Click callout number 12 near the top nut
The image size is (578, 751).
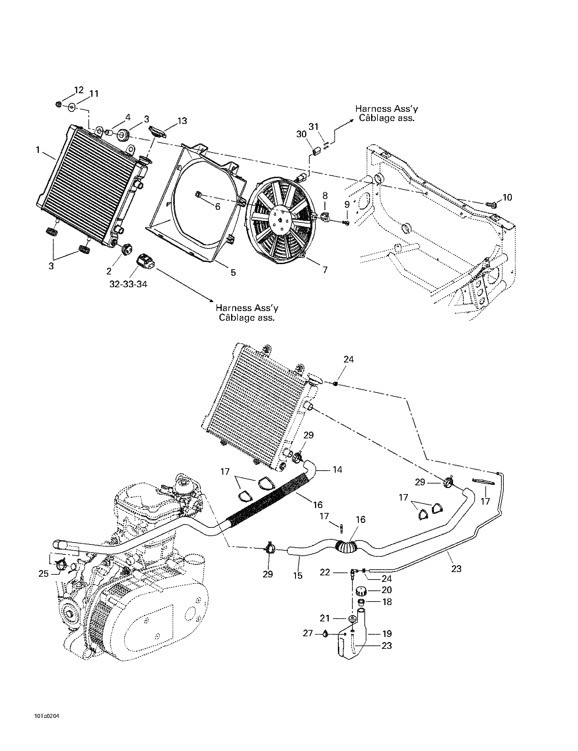coord(79,90)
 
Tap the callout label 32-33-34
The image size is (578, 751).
coord(128,284)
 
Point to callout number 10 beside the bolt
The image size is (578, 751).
coord(507,197)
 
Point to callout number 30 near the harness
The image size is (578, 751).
coord(301,134)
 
